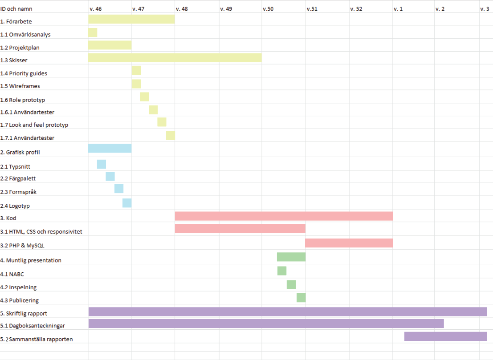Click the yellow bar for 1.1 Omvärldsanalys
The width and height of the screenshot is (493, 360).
click(93, 32)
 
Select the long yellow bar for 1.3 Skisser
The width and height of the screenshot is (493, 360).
click(175, 58)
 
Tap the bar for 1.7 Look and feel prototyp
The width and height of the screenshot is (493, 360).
click(162, 122)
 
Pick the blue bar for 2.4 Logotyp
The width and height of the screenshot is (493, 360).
click(127, 203)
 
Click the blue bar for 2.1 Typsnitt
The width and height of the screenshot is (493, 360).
click(102, 164)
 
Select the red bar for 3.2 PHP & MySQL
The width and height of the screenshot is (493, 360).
click(349, 243)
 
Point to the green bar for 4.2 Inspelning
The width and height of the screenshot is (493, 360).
click(291, 285)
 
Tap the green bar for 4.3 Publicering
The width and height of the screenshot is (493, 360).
click(301, 298)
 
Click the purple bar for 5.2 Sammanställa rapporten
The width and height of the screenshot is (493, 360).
click(445, 336)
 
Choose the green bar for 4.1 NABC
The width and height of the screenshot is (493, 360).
click(282, 271)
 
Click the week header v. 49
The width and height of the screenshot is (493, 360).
click(226, 9)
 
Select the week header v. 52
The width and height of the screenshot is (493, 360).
click(356, 9)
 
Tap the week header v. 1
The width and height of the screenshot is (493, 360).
click(398, 9)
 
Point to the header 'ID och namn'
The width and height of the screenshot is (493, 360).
click(16, 9)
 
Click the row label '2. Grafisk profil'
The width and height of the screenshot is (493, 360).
click(20, 152)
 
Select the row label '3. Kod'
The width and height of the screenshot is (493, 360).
click(8, 218)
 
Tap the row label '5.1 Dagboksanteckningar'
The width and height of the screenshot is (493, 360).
click(33, 326)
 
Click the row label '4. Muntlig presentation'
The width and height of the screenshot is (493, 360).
click(31, 260)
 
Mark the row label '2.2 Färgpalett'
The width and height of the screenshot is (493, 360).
click(18, 178)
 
